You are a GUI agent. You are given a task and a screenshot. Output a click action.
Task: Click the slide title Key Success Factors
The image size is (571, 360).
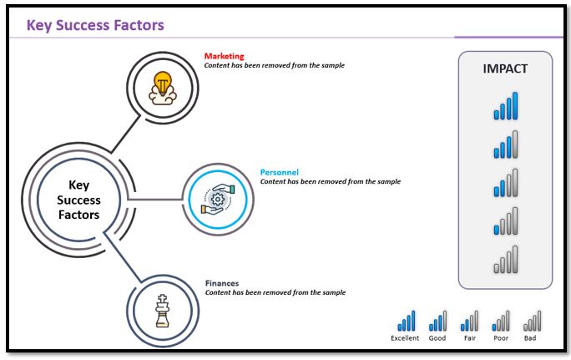(95, 25)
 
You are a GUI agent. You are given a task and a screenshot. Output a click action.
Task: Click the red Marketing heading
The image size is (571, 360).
(224, 57)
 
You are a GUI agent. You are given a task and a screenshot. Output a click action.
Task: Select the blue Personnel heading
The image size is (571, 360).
(280, 172)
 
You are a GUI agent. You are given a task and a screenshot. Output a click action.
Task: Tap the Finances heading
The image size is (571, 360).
(221, 283)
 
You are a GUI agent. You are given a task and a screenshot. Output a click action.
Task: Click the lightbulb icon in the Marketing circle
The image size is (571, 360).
(163, 87)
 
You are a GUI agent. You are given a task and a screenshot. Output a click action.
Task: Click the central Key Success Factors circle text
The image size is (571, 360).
(78, 200)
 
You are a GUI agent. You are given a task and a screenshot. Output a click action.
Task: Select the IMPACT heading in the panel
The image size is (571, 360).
(505, 69)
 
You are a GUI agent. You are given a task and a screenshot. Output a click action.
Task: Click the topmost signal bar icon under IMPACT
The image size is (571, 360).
(505, 106)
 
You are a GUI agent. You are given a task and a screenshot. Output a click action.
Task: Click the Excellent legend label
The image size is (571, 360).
(405, 338)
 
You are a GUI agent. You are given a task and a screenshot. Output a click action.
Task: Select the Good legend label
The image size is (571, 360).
(437, 338)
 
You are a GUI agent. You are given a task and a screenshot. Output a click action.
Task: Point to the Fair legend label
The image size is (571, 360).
(469, 338)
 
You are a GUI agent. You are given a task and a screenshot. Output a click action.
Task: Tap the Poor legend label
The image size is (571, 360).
(501, 338)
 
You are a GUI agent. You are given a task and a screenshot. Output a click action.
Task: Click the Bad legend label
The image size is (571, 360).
(531, 338)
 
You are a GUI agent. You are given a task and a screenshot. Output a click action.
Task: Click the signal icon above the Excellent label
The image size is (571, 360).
(406, 321)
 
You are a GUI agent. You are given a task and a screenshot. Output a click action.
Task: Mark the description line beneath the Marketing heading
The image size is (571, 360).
(274, 65)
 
